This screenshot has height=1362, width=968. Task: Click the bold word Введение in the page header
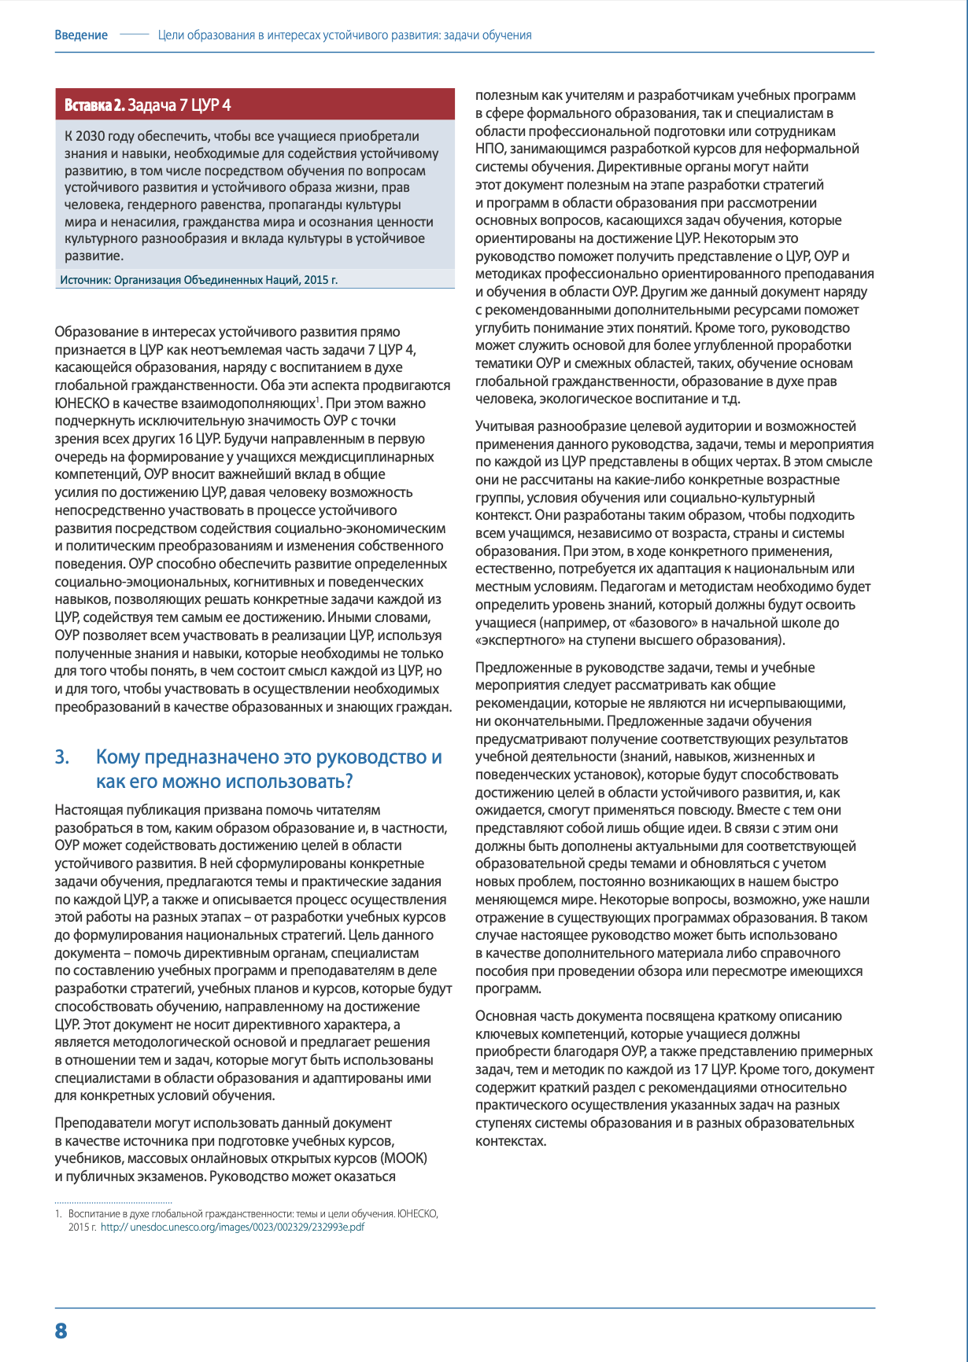point(81,35)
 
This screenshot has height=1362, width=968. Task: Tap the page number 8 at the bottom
point(61,1331)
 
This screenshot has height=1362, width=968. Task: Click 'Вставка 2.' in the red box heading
point(94,105)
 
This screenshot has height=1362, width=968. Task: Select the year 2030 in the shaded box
point(91,136)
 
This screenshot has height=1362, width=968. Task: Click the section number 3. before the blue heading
point(62,757)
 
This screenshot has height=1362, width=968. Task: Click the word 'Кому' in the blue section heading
point(117,757)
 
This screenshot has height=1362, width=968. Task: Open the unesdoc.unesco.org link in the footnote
point(233,1227)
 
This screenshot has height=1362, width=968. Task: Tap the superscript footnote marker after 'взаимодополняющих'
point(317,400)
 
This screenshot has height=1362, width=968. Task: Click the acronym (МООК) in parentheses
point(404,1158)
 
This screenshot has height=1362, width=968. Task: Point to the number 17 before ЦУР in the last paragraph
point(702,1069)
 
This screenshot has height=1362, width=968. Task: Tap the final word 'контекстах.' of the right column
point(510,1141)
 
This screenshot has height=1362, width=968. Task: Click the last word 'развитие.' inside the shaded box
point(94,256)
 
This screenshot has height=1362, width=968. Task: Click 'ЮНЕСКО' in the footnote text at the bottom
point(418,1213)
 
